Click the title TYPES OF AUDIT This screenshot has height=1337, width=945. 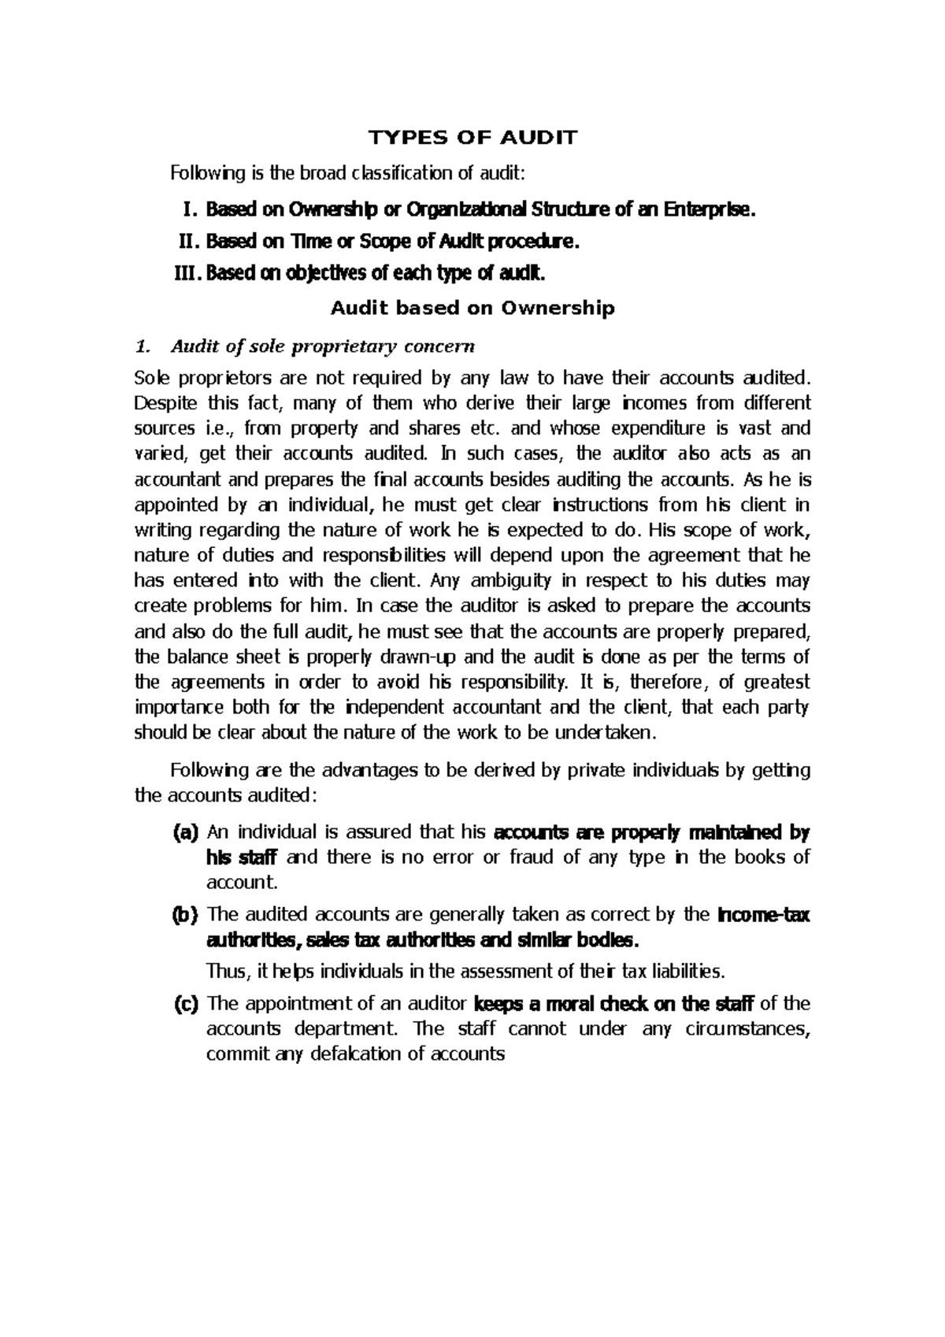[x=473, y=138]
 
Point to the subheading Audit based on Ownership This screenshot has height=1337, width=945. [x=472, y=309]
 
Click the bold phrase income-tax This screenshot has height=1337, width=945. [x=765, y=915]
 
